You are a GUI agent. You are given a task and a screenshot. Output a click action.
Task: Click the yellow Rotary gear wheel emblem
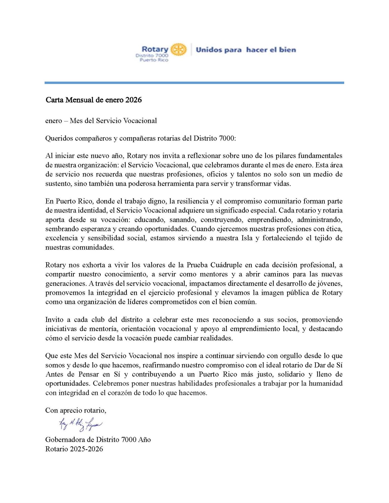(178, 49)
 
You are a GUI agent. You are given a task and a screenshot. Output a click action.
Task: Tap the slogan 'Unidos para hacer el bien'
(246, 50)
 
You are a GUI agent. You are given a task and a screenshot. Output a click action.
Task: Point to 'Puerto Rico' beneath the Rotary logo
(154, 60)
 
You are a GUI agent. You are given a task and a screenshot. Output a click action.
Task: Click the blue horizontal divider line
(194, 83)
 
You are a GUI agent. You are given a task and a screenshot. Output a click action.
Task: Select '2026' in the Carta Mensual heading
(133, 100)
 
